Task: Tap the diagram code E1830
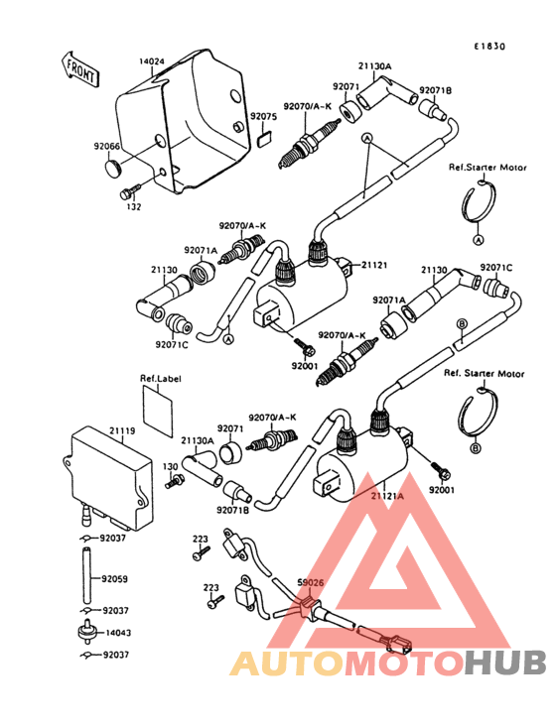[488, 46]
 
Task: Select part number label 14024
[152, 61]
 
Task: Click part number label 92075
[262, 117]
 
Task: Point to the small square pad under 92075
[263, 139]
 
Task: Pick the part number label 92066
[107, 148]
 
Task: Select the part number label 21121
[373, 265]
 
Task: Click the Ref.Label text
[160, 378]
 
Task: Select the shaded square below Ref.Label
[160, 406]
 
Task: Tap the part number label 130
[170, 465]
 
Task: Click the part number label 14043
[116, 633]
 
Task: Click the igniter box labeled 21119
[109, 474]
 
